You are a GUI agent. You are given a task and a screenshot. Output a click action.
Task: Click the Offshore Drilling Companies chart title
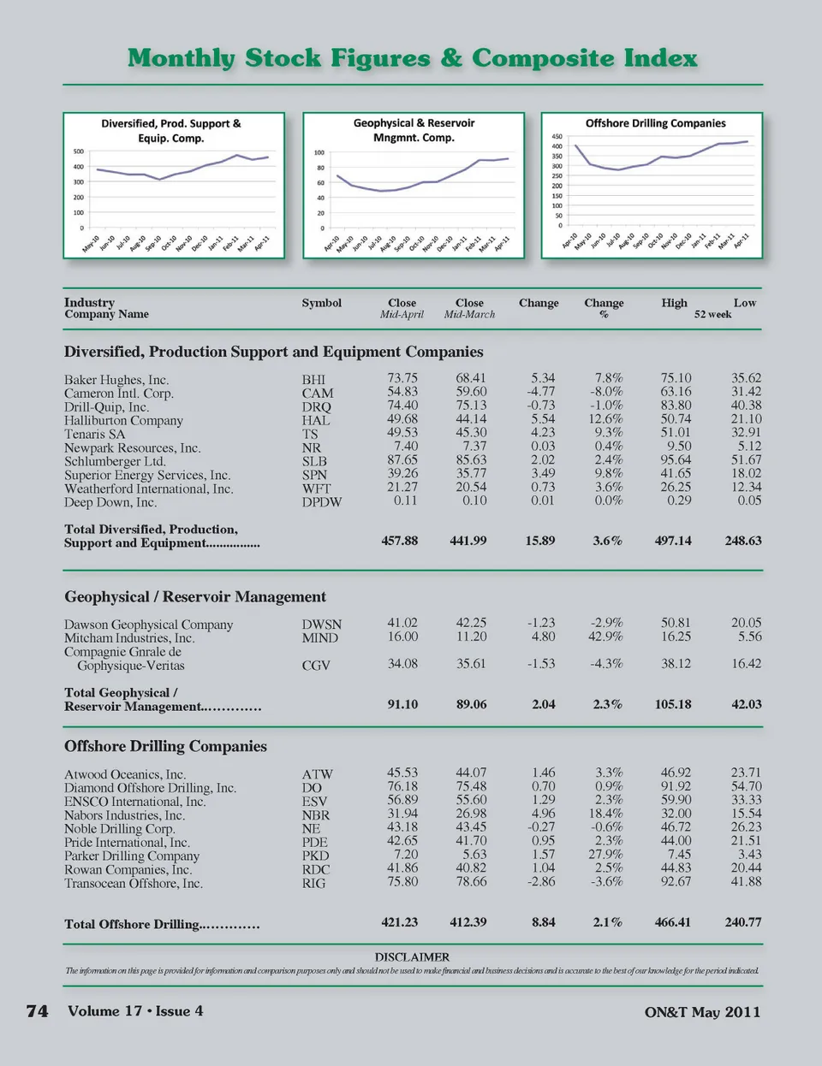coord(655,123)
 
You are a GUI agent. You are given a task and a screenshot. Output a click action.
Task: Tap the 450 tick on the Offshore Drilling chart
coord(557,136)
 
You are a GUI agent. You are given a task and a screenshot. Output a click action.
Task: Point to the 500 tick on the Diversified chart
coord(78,151)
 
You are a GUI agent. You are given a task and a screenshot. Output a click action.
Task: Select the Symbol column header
coord(321,303)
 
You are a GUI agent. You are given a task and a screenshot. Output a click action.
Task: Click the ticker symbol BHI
coord(313,380)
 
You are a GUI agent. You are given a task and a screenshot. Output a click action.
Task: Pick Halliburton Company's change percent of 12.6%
coord(605,419)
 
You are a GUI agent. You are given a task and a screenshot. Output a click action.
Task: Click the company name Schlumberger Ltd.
coord(115,461)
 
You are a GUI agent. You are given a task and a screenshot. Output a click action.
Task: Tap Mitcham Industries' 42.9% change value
coord(605,637)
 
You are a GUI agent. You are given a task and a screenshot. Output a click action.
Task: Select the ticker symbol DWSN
coord(321,625)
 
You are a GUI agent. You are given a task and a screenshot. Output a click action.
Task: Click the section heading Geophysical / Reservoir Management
coord(195,596)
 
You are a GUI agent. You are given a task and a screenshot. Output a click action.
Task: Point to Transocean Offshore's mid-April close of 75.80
coord(402,881)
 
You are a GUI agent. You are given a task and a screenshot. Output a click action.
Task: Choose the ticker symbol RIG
coord(313,883)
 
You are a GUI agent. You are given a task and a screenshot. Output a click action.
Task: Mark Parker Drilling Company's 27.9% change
coord(605,854)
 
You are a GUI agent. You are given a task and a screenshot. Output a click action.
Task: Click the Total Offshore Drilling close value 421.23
coord(399,922)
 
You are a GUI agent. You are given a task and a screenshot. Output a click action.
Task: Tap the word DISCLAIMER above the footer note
coord(412,956)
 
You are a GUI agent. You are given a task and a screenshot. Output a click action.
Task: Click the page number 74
coord(38,1011)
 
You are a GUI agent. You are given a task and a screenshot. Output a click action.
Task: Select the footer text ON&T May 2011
coord(702,1012)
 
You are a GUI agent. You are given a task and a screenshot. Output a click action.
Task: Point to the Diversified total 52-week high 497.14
coord(673,541)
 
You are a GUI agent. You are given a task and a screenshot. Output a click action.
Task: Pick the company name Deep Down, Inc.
coord(110,502)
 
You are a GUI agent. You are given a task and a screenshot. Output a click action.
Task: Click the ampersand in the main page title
coord(451,58)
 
